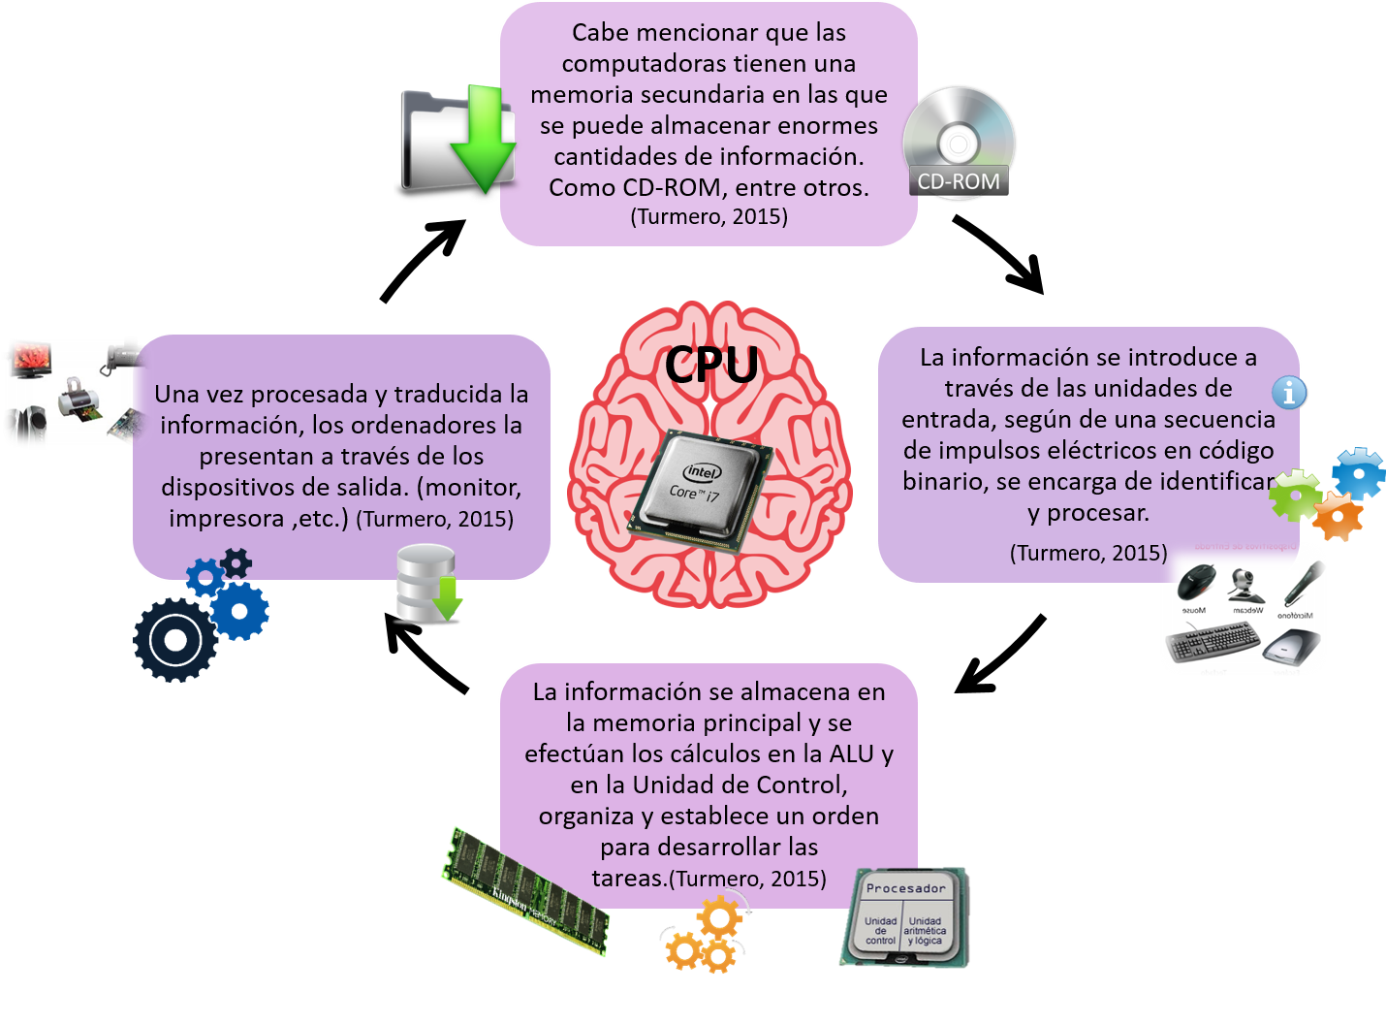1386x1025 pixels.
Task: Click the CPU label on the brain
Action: [711, 365]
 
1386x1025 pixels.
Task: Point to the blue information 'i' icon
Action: [1289, 393]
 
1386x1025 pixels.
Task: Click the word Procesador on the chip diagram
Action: [905, 888]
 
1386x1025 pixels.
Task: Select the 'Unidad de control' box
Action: [880, 931]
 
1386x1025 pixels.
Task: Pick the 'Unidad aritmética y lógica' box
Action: [926, 931]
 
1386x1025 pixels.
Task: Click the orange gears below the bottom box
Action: [706, 936]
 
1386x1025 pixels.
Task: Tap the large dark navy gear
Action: [175, 640]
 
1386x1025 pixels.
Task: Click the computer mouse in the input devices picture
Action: [1197, 583]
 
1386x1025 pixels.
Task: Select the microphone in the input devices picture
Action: [1304, 583]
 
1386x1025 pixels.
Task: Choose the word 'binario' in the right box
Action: [942, 481]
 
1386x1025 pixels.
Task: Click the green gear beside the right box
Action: [1295, 494]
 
